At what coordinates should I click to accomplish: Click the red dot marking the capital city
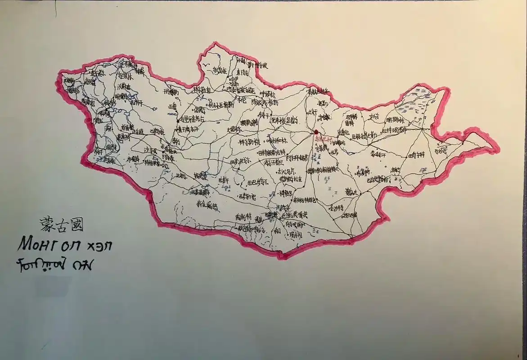coord(316,132)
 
